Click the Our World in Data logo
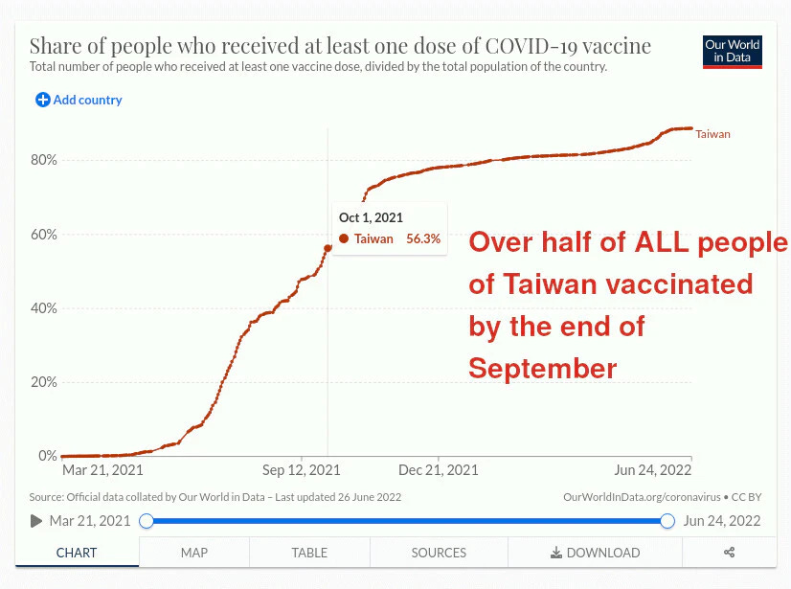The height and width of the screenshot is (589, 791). click(x=733, y=52)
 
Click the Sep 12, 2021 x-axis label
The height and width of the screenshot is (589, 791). click(x=301, y=470)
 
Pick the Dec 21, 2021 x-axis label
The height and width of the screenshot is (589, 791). click(x=439, y=470)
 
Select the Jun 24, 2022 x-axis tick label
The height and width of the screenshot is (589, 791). click(x=652, y=470)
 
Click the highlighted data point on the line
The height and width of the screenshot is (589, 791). click(x=328, y=248)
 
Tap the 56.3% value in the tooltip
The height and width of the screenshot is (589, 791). click(x=423, y=238)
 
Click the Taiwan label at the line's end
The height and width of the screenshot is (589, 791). click(x=712, y=134)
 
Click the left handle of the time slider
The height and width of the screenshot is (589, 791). click(x=147, y=521)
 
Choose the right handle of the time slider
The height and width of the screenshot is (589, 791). click(x=668, y=521)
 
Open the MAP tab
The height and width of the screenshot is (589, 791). click(x=194, y=553)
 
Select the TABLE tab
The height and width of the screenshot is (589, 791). click(x=309, y=553)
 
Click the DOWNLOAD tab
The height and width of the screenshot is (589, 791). click(x=595, y=553)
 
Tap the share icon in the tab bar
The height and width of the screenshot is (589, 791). click(x=729, y=553)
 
